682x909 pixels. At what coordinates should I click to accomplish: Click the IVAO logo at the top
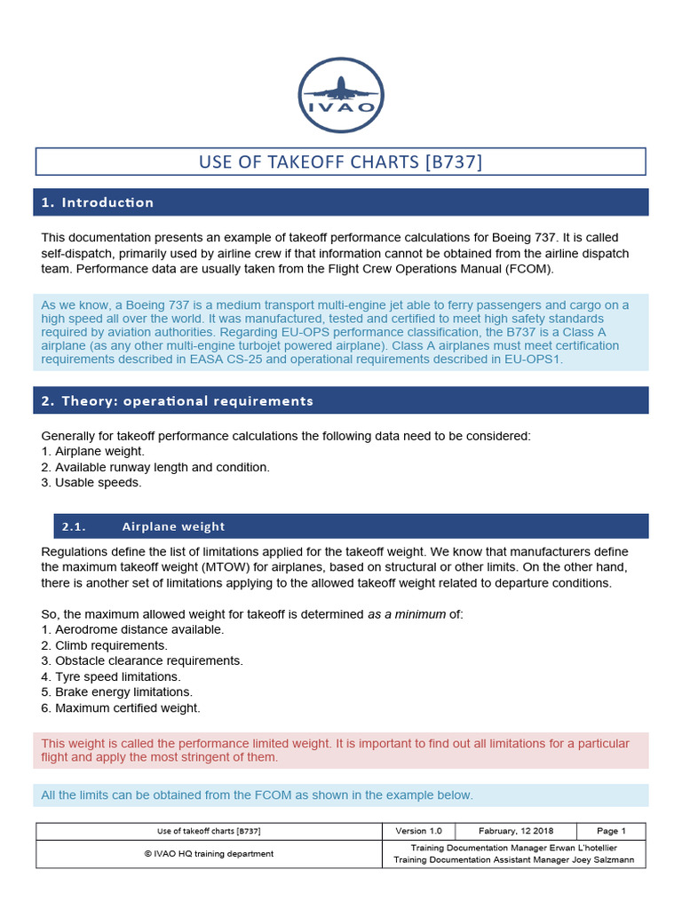pos(341,95)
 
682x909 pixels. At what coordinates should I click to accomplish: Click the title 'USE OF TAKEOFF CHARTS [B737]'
pos(341,162)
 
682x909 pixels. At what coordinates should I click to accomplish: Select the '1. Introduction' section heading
pos(98,202)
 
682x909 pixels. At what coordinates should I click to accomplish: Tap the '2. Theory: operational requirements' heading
pos(177,400)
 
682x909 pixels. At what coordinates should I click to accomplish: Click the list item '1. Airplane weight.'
pos(93,452)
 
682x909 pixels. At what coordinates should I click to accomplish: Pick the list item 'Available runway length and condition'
pos(162,467)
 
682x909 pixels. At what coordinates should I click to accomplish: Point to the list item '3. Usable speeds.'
pos(91,483)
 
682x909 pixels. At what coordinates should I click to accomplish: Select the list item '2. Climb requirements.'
pos(104,645)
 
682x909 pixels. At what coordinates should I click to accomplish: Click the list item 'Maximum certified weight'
pos(127,707)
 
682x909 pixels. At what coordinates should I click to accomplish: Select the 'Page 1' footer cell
pos(611,831)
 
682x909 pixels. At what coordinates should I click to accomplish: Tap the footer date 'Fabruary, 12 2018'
pos(515,831)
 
